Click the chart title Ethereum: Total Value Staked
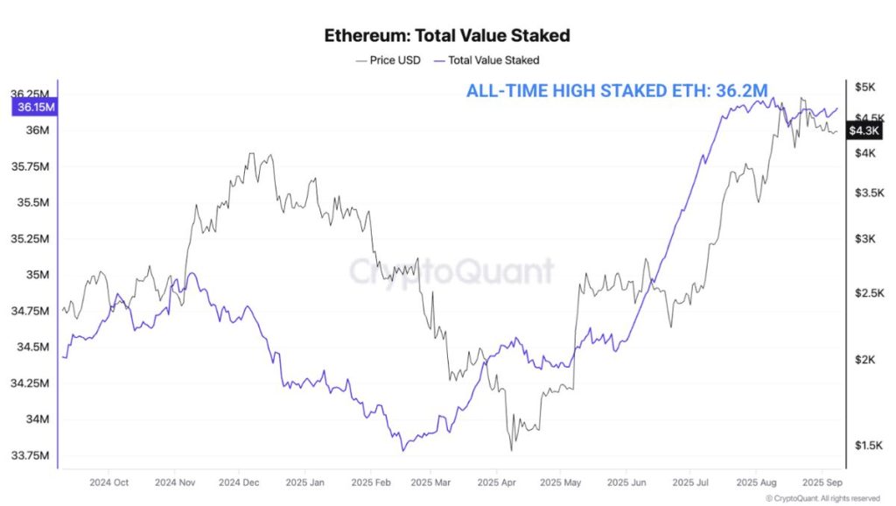coord(447,36)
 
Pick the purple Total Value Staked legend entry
coord(493,60)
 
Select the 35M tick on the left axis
coord(37,275)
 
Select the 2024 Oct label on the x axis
coord(109,482)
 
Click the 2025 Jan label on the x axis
coord(304,482)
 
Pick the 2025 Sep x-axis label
coord(822,482)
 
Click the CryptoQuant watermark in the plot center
coord(451,271)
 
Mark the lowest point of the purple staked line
coord(403,450)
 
